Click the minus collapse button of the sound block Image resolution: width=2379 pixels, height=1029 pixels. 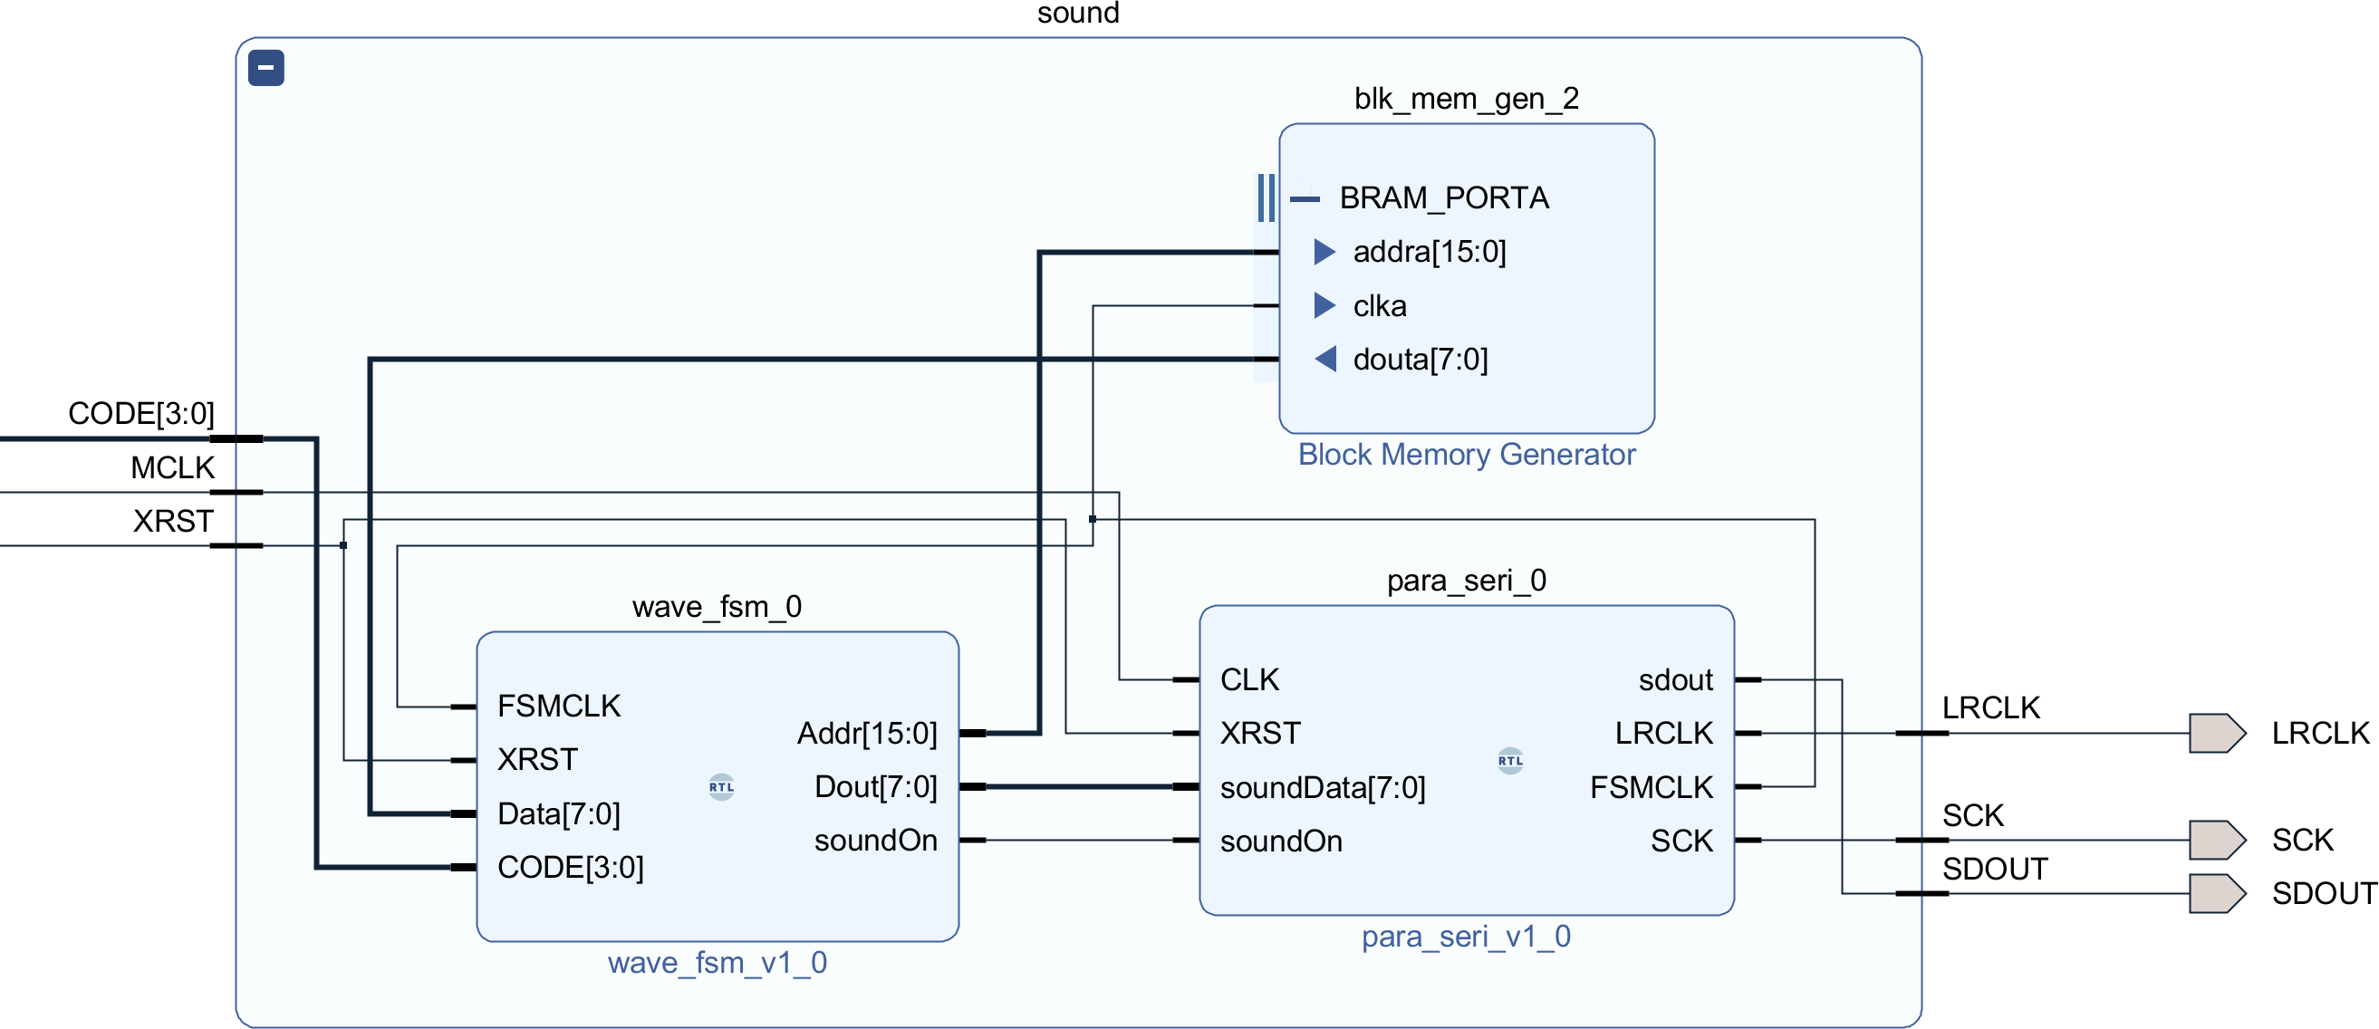[x=266, y=67]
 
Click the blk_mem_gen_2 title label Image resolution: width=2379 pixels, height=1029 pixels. [x=1466, y=98]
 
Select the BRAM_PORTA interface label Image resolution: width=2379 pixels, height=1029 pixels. [x=1443, y=197]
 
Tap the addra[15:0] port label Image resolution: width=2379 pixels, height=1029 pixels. [x=1429, y=251]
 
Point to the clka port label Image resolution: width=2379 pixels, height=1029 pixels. [x=1379, y=306]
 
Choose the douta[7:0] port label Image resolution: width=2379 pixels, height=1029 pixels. [x=1420, y=360]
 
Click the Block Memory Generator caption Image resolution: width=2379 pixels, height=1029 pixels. [x=1466, y=455]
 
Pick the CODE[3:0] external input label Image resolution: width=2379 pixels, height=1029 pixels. [x=141, y=413]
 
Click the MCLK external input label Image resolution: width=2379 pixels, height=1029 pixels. [x=172, y=467]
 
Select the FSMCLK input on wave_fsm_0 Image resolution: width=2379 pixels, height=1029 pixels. [x=559, y=706]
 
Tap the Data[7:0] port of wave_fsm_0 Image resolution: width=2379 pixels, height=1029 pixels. [x=559, y=813]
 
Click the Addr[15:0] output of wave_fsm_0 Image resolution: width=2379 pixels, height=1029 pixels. [x=866, y=734]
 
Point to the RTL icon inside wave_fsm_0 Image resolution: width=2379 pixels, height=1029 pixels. [x=721, y=787]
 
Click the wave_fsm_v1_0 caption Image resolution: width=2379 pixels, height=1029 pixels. [x=717, y=963]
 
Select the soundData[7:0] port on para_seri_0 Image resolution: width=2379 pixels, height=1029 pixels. [x=1323, y=787]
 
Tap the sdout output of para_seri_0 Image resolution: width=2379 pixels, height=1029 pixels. [x=1674, y=680]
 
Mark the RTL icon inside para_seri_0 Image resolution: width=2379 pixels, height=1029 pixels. [x=1510, y=761]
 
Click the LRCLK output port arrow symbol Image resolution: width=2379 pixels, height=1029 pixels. [x=2217, y=734]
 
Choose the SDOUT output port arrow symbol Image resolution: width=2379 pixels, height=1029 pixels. [x=2217, y=893]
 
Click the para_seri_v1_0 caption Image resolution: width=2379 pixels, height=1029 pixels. [x=1466, y=937]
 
